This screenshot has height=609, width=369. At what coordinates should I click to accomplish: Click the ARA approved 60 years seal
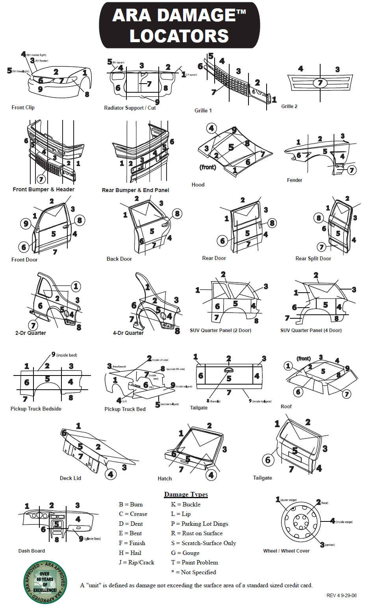(x=45, y=582)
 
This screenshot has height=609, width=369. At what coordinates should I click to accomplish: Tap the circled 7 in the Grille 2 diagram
(x=320, y=83)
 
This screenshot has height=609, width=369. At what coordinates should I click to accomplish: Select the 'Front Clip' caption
(x=23, y=107)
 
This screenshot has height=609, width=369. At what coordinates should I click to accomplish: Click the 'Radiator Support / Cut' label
(x=130, y=108)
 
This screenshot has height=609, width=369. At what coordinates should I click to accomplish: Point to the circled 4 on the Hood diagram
(x=211, y=128)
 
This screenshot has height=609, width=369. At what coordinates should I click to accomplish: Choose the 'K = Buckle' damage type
(x=185, y=504)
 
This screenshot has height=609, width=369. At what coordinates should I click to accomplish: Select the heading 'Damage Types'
(x=186, y=495)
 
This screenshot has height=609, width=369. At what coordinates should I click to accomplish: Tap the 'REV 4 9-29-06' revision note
(x=341, y=596)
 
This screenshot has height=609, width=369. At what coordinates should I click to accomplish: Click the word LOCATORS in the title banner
(x=179, y=36)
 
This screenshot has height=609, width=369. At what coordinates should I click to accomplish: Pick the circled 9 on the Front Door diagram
(x=26, y=224)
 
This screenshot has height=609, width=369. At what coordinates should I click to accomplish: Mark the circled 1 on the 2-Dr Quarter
(x=76, y=286)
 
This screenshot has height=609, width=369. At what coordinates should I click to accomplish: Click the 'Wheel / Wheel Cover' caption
(x=286, y=551)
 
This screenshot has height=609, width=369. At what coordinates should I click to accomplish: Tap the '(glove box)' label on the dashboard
(x=93, y=539)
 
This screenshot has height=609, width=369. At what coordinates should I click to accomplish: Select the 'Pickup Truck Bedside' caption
(x=36, y=409)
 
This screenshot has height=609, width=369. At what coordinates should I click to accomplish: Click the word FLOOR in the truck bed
(x=136, y=385)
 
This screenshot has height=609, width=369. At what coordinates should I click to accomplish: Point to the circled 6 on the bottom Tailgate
(x=268, y=460)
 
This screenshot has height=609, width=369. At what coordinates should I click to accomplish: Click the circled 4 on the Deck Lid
(x=111, y=474)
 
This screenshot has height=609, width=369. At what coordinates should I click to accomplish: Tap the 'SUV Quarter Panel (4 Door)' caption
(x=311, y=331)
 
